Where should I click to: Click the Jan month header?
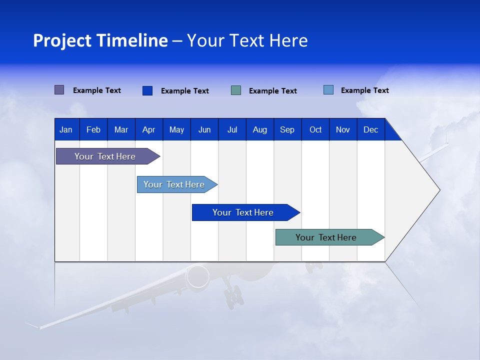pos(66,129)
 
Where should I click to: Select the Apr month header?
pos(148,129)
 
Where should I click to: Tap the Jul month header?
pos(232,129)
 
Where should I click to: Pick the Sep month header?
pos(287,129)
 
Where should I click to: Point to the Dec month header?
pos(370,129)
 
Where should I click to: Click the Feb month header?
pos(93,129)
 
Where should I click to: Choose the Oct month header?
pos(315,129)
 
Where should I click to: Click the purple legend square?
pos(59,90)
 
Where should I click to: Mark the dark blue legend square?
pos(147,90)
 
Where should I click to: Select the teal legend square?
pos(236,90)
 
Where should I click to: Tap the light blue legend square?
pos(328,90)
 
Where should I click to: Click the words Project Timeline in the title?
pos(100,40)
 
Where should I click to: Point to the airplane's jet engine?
pos(198,276)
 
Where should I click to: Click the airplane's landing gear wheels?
pos(233,298)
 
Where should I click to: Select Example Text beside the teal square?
pos(272,91)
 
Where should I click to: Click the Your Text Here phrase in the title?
pos(247,40)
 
